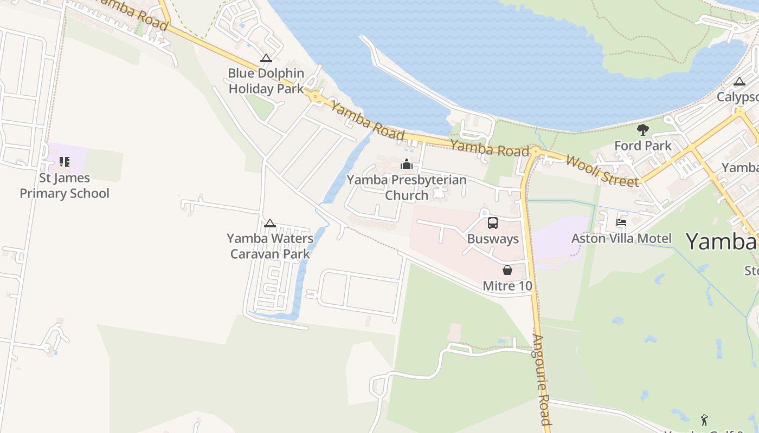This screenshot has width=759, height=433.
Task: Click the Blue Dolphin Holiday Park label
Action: click(266, 81)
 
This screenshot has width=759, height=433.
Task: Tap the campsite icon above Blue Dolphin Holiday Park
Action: click(266, 58)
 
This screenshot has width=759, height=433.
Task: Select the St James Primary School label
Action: click(65, 186)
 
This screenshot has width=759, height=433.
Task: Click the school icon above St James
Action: click(65, 161)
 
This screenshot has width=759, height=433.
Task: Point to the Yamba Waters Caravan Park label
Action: click(270, 246)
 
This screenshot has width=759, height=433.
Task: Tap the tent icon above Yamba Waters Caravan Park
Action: click(270, 223)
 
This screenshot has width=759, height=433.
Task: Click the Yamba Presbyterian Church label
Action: click(407, 187)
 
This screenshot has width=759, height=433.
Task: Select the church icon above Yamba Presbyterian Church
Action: click(407, 164)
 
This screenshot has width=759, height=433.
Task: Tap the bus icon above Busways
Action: click(493, 223)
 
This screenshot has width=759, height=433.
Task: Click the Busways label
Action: click(493, 239)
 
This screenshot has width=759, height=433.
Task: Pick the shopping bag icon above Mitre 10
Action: click(507, 270)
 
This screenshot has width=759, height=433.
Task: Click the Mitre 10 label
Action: click(507, 286)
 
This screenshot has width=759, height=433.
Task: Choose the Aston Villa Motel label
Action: click(621, 238)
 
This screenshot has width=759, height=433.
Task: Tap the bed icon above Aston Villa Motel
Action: click(621, 222)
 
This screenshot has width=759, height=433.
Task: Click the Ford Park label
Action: click(643, 146)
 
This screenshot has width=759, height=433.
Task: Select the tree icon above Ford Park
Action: click(643, 130)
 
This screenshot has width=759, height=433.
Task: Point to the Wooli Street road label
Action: click(602, 170)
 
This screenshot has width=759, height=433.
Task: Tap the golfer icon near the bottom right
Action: click(704, 419)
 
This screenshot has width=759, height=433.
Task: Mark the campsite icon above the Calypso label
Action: click(739, 82)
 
